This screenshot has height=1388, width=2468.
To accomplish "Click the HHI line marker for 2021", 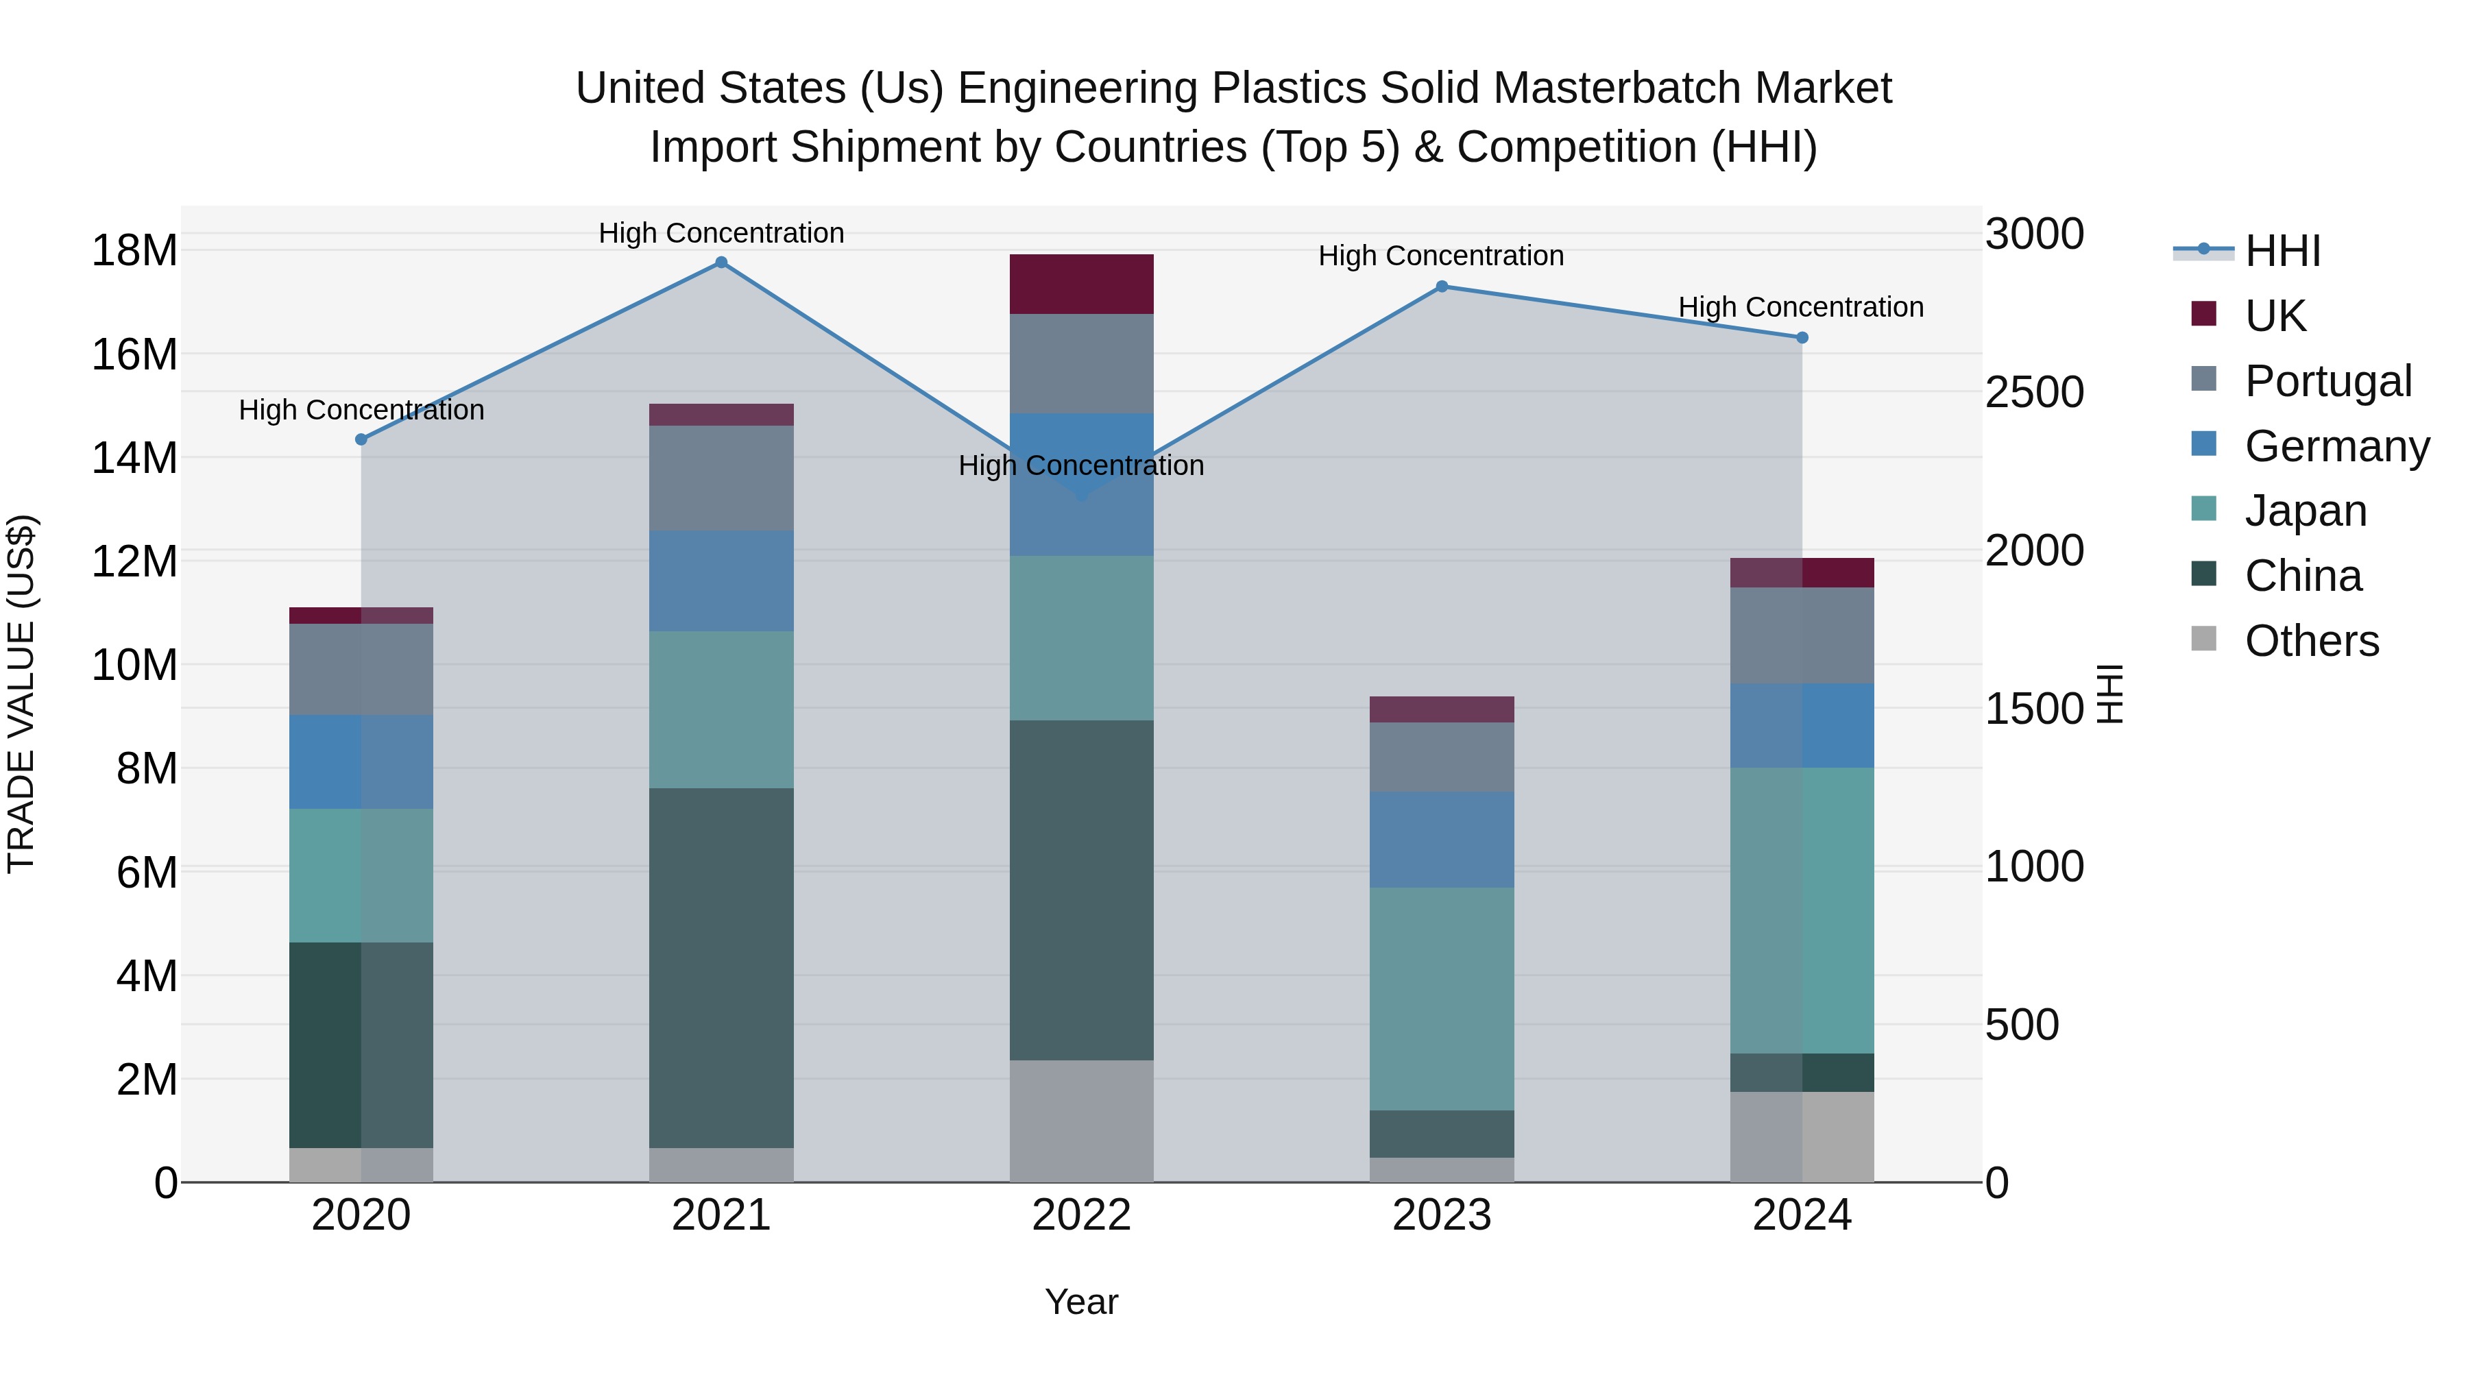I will (x=721, y=263).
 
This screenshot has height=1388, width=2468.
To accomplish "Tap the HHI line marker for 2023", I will (x=1442, y=287).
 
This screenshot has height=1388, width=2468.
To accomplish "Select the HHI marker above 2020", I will (x=361, y=439).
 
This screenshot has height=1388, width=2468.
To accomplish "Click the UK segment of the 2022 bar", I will (x=1082, y=284).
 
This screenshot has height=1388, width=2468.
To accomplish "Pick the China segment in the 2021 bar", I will (x=721, y=967).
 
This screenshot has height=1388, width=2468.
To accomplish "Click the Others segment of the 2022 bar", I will (x=1082, y=1121).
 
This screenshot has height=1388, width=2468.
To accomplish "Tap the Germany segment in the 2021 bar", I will (x=721, y=581).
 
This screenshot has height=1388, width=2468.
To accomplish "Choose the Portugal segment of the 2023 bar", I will (x=1442, y=757).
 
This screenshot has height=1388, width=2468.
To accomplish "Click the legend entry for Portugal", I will (x=2327, y=380).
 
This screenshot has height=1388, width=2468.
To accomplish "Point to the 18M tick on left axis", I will (x=134, y=250).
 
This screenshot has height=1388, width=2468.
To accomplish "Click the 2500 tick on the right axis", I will (x=2034, y=392).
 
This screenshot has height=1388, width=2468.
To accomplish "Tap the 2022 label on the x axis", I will (x=1082, y=1215).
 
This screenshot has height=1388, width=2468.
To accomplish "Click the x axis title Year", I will (x=1082, y=1302).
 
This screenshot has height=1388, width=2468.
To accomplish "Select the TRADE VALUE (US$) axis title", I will (x=21, y=694).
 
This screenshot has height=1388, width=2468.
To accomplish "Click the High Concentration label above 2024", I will (x=1801, y=308).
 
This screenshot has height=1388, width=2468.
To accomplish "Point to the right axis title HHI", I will (x=2111, y=694).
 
